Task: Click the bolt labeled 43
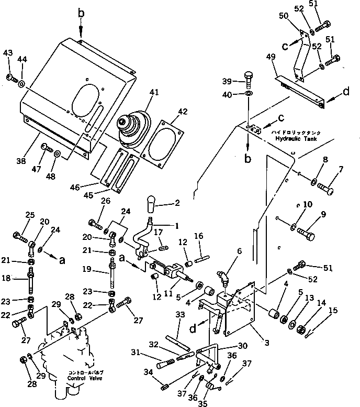coord(11,78)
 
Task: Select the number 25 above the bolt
coord(30,215)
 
